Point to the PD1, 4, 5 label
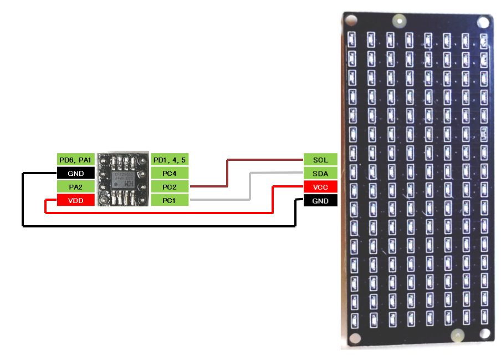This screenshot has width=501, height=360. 170,160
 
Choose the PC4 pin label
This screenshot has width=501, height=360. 170,174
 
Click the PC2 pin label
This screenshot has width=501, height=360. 170,187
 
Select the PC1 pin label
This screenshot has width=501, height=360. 170,200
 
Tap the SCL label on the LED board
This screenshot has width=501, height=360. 320,160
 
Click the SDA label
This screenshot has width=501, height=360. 320,174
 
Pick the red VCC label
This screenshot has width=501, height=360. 320,187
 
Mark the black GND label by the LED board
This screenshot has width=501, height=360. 320,201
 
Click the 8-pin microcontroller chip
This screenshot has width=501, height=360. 122,179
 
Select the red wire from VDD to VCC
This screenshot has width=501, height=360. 166,212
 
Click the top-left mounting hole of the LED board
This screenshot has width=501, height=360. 350,21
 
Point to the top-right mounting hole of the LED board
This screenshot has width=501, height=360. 483,22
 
